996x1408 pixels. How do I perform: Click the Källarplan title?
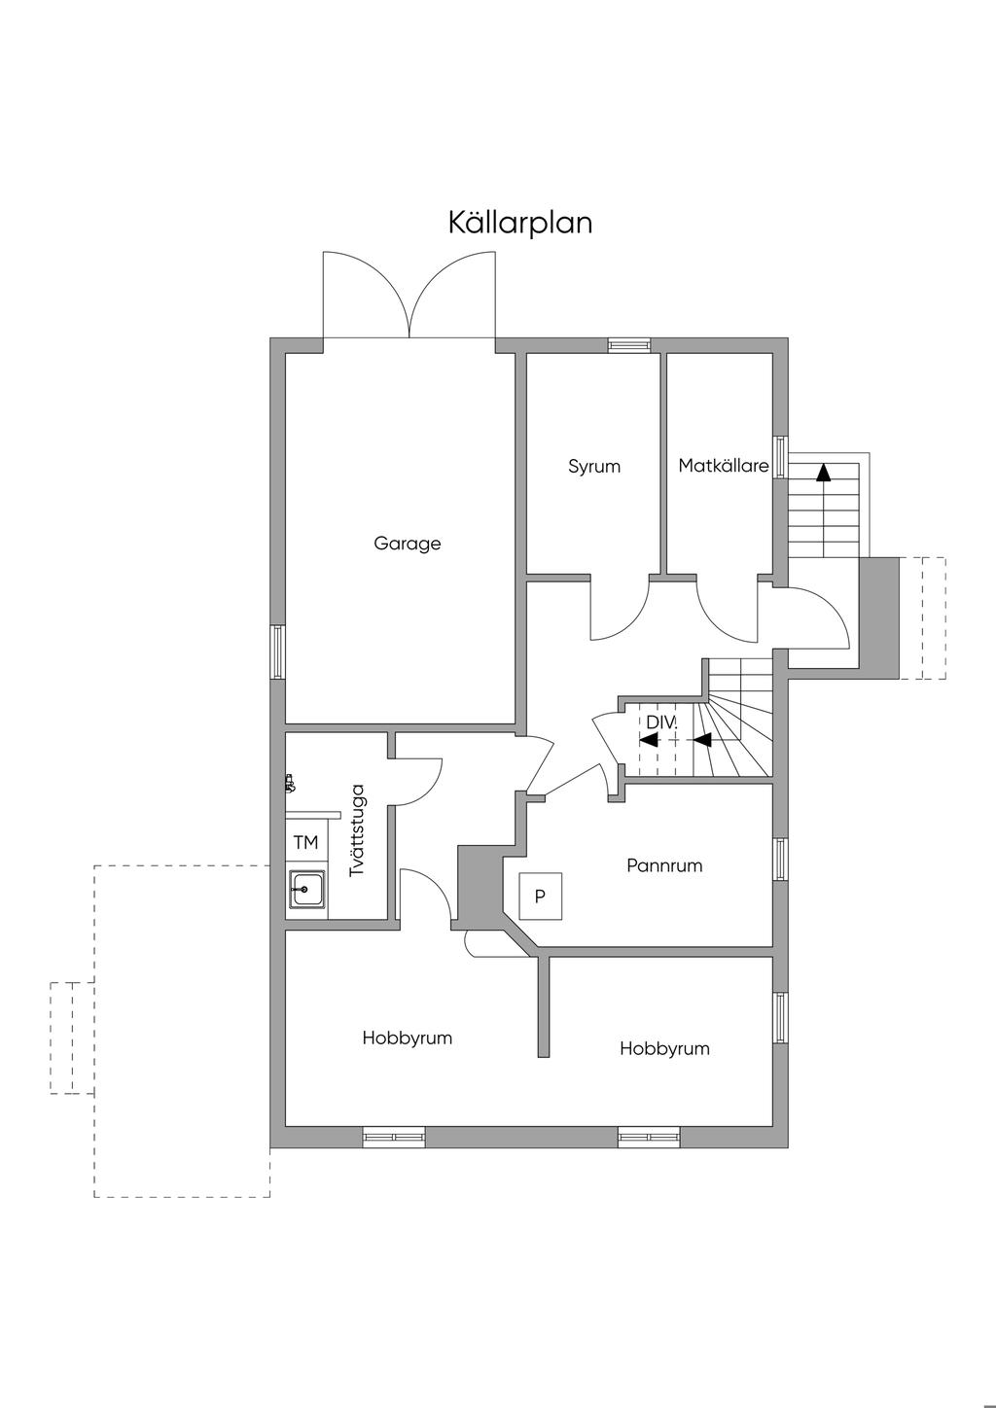pyautogui.click(x=520, y=223)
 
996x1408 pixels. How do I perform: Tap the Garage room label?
pyautogui.click(x=408, y=544)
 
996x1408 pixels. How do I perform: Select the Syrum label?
pyautogui.click(x=594, y=467)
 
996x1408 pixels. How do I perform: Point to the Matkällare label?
pyautogui.click(x=724, y=466)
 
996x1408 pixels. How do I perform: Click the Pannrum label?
pyautogui.click(x=664, y=865)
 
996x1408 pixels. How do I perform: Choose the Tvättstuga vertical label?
pyautogui.click(x=357, y=830)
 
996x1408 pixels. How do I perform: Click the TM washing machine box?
pyautogui.click(x=305, y=842)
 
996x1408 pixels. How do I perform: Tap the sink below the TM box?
pyautogui.click(x=306, y=888)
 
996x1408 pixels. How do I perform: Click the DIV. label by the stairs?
pyautogui.click(x=661, y=722)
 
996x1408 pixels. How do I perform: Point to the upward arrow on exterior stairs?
pyautogui.click(x=824, y=474)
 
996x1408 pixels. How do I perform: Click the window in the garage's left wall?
pyautogui.click(x=278, y=651)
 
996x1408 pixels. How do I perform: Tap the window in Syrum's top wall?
pyautogui.click(x=628, y=344)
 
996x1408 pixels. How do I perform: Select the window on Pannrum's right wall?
pyautogui.click(x=780, y=860)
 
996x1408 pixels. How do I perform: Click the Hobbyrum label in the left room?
pyautogui.click(x=408, y=1038)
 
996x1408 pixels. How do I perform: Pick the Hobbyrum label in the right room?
pyautogui.click(x=664, y=1048)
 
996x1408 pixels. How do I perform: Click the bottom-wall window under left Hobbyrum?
pyautogui.click(x=394, y=1136)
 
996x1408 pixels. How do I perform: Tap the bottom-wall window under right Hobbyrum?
pyautogui.click(x=649, y=1136)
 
